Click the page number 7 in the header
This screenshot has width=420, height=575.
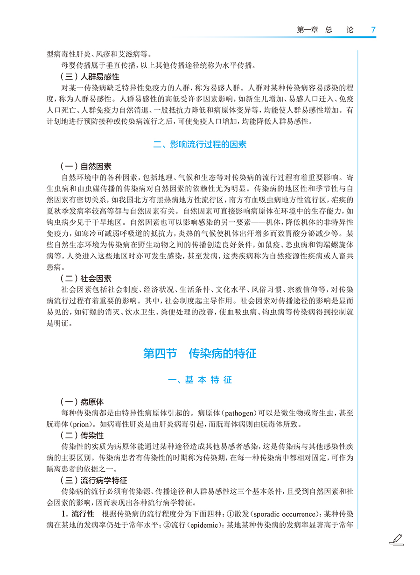point(373,30)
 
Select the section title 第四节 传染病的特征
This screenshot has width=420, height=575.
point(200,353)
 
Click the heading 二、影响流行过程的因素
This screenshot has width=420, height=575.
point(200,145)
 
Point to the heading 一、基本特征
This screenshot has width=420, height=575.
point(200,380)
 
